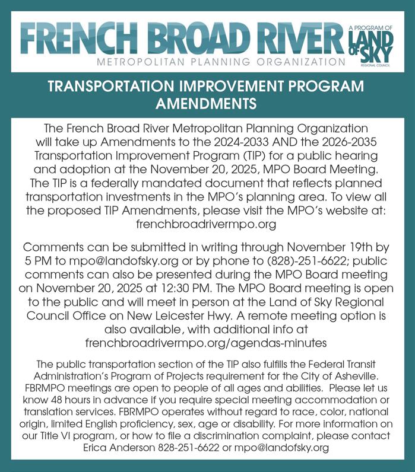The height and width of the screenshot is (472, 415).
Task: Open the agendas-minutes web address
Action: click(x=207, y=342)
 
